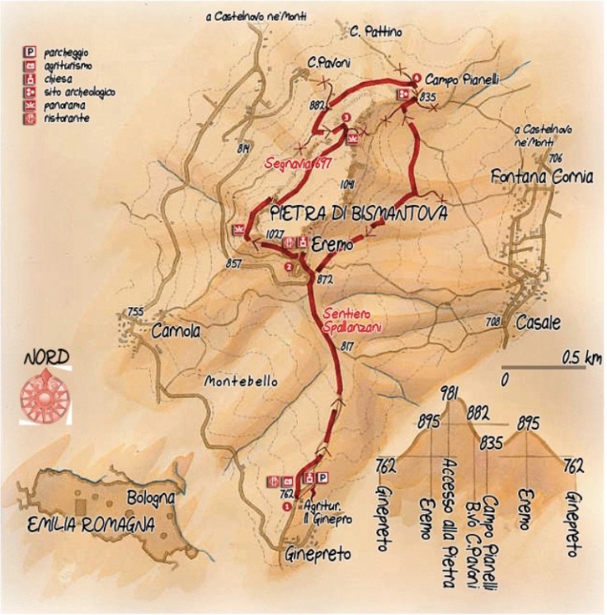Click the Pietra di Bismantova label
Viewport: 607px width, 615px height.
359,214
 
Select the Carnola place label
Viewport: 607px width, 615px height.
176,331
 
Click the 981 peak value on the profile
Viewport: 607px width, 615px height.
449,392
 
